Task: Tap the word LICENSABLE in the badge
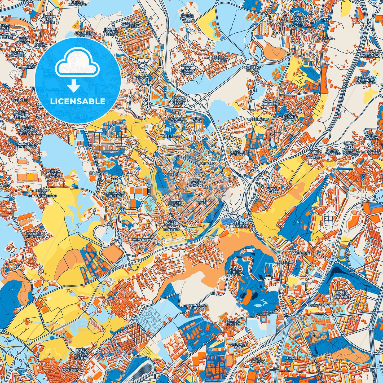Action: (x=78, y=101)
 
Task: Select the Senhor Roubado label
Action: (x=241, y=224)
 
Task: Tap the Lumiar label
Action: (x=291, y=358)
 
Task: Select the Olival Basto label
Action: (x=272, y=190)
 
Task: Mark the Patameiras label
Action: (x=142, y=239)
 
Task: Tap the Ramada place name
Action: (x=142, y=78)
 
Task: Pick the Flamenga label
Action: (x=327, y=38)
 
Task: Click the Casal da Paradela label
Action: (x=220, y=59)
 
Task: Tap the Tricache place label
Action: (x=20, y=100)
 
